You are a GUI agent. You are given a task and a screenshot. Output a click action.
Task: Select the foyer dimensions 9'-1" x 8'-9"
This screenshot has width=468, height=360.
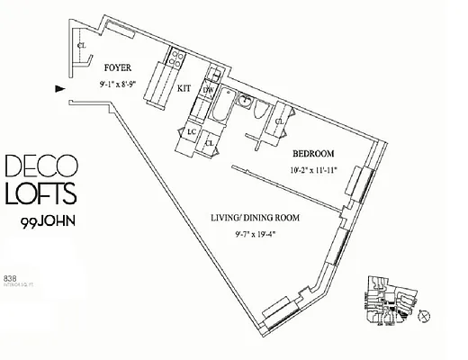point(121,85)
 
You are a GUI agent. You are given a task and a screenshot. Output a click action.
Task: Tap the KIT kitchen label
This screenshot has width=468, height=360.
point(184,87)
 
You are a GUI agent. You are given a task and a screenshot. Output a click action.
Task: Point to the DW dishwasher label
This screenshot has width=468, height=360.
point(207,89)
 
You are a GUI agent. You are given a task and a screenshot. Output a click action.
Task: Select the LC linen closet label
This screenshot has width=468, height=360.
point(191,131)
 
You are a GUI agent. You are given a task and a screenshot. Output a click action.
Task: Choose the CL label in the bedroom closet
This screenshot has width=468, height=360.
point(280,121)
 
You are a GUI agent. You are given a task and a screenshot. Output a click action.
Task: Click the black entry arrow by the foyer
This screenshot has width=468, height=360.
point(59,88)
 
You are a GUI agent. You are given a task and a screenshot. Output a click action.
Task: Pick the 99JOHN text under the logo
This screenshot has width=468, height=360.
point(49,220)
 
